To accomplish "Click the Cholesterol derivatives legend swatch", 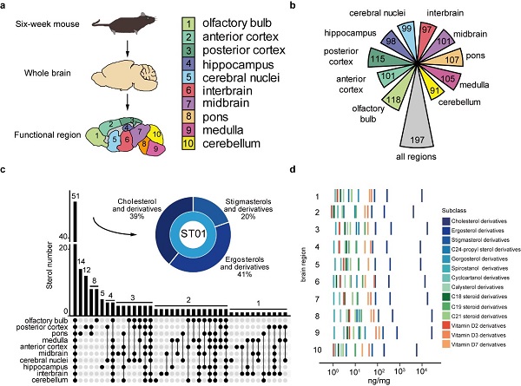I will [x=445, y=221].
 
